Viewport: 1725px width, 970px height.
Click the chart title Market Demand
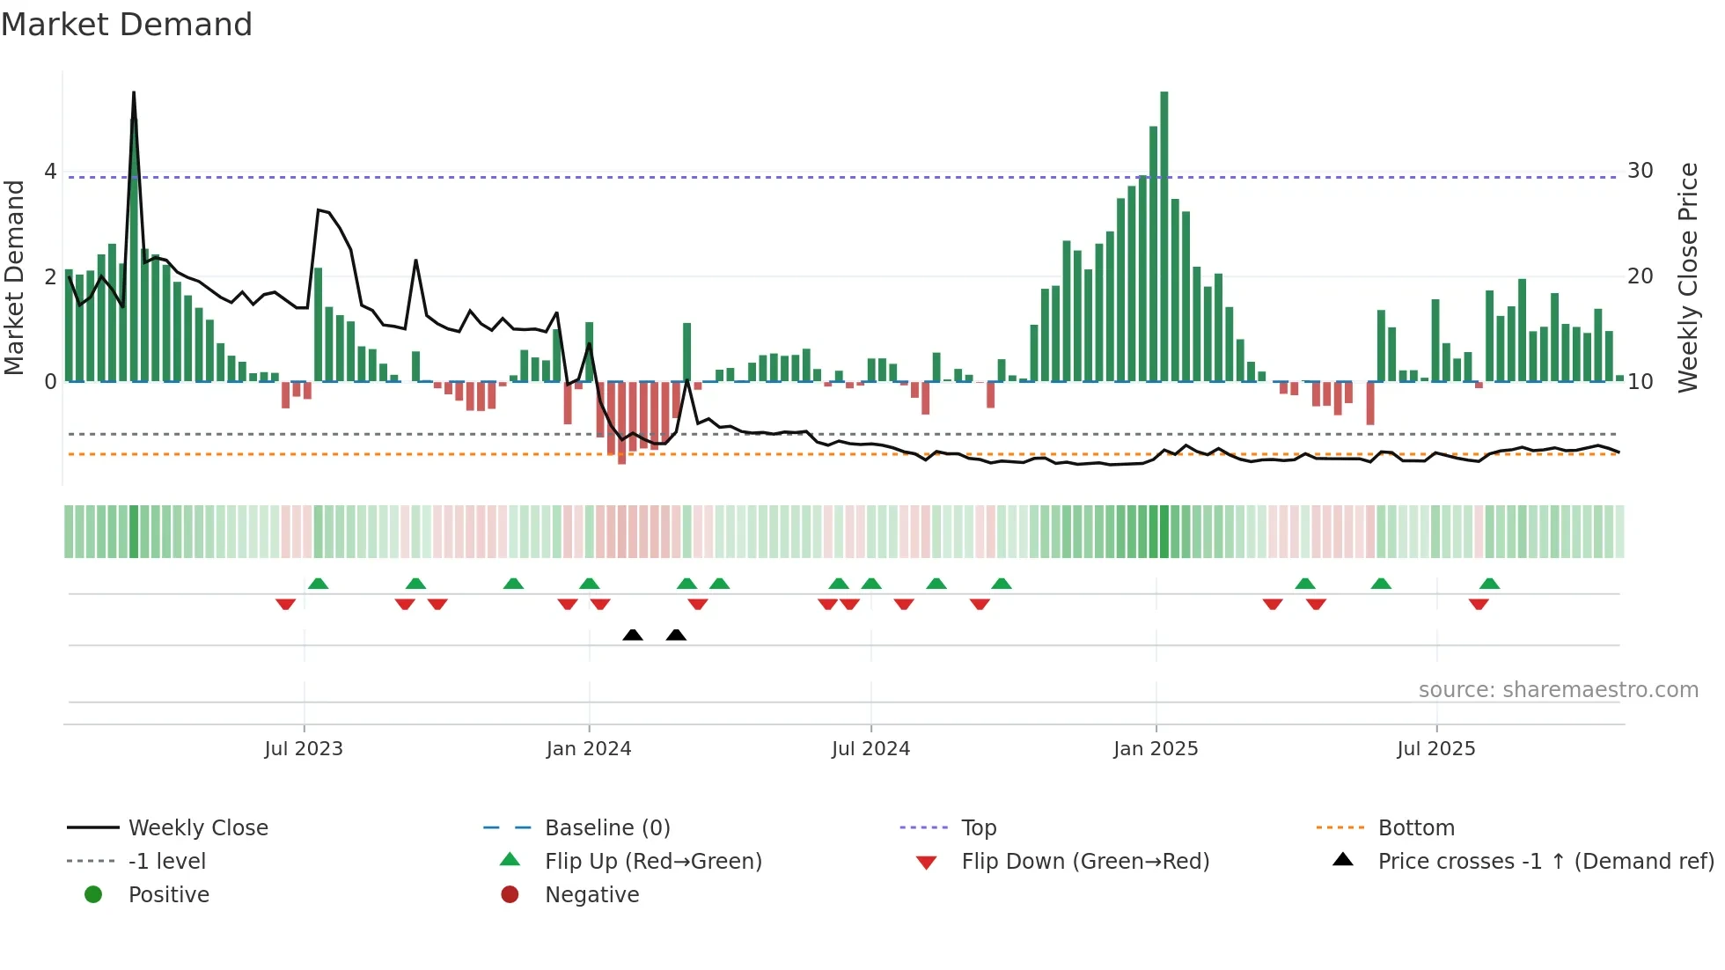coord(127,25)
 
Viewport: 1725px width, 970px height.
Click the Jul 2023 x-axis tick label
coord(304,749)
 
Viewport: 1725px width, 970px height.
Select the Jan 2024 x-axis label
coord(589,749)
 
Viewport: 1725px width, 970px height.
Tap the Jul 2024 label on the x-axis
coord(870,749)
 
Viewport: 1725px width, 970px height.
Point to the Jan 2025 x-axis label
coord(1156,749)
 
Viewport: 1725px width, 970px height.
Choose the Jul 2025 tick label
coord(1436,749)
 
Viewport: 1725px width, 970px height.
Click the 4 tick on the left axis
coord(50,172)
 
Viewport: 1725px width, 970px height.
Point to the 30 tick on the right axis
coord(1640,171)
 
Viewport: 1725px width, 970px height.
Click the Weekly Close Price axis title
coord(1687,277)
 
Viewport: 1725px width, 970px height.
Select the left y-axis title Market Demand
coord(15,277)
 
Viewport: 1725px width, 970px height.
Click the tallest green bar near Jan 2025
coord(1164,238)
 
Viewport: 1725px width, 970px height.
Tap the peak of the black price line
coord(134,93)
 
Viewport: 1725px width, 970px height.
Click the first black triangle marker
coord(633,635)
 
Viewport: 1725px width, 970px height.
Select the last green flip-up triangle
coord(1489,584)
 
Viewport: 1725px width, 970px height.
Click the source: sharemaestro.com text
coord(1558,690)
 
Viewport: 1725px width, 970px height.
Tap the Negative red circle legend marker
coord(510,895)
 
